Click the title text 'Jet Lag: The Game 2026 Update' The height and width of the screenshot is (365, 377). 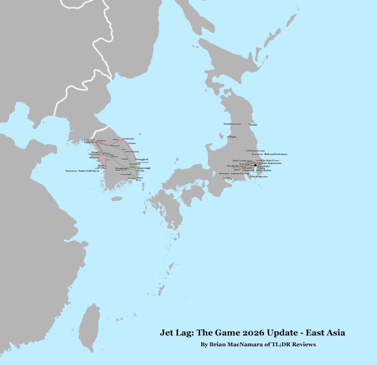click(252, 333)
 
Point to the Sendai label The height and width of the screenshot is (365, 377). click(254, 125)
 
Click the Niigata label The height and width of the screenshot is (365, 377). click(233, 137)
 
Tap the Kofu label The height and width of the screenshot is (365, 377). click(237, 170)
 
